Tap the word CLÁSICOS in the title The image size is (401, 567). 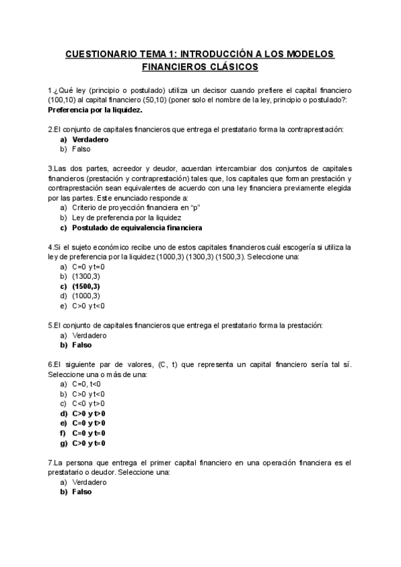point(234,67)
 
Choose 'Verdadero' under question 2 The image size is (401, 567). point(90,139)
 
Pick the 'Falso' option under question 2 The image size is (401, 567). point(81,149)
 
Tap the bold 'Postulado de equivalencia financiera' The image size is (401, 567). point(137,227)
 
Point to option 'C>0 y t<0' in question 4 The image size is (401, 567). point(88,306)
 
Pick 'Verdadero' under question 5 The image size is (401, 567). point(89,335)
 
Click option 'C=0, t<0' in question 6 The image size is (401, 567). point(86,384)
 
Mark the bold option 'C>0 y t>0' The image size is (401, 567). point(88,413)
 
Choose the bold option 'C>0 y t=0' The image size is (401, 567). point(88,443)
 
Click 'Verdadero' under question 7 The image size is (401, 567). point(89,481)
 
